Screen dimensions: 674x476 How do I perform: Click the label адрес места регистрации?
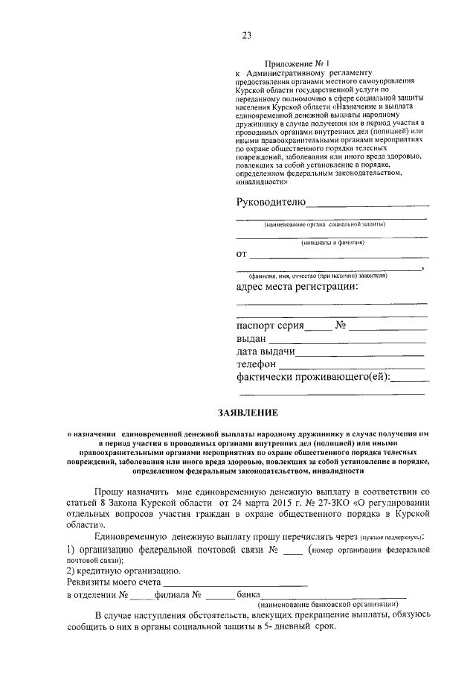pos(297,287)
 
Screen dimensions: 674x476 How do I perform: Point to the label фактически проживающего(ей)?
pos(313,378)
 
